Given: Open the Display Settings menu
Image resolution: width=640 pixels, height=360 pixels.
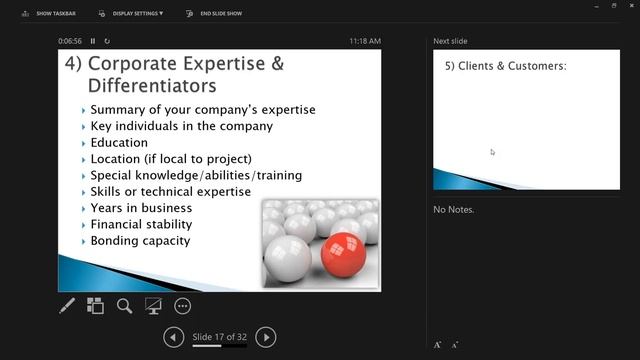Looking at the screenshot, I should pyautogui.click(x=133, y=14).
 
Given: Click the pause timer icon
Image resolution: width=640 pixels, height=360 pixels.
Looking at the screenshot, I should pyautogui.click(x=93, y=41).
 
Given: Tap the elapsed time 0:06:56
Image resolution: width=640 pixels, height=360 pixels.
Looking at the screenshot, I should pyautogui.click(x=70, y=41).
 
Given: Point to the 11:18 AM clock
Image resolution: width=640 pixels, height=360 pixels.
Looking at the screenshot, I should pyautogui.click(x=365, y=41).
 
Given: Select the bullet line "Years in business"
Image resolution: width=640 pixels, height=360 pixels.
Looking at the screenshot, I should pyautogui.click(x=141, y=208).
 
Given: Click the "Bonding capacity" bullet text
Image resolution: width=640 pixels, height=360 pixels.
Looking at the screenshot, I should pyautogui.click(x=140, y=241).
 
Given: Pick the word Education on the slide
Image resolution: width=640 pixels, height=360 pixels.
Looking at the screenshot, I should pyautogui.click(x=119, y=142).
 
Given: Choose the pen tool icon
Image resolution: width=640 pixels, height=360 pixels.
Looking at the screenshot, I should pyautogui.click(x=67, y=306).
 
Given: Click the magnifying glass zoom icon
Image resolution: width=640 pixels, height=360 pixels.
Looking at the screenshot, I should pyautogui.click(x=125, y=306).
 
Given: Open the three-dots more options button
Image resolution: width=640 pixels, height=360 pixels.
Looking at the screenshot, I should pyautogui.click(x=182, y=306).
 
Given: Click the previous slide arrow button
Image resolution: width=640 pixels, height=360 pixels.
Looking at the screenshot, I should pyautogui.click(x=174, y=337).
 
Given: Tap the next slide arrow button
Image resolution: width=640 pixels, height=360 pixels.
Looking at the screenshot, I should pyautogui.click(x=266, y=337).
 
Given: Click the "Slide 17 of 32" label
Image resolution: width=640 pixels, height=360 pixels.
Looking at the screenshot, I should pyautogui.click(x=220, y=337).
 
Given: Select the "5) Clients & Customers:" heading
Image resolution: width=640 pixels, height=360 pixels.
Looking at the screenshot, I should pyautogui.click(x=506, y=66).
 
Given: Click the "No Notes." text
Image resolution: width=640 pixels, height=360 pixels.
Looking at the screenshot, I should pyautogui.click(x=453, y=210).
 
